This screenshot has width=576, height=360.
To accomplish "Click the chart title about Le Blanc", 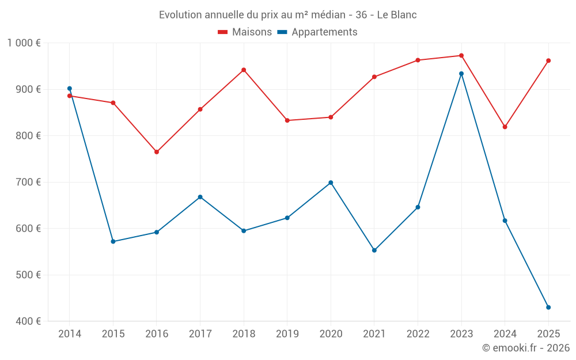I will tap(287, 14).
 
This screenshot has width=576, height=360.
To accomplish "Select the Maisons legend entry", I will tap(245, 32).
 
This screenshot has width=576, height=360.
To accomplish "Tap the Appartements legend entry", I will tap(317, 32).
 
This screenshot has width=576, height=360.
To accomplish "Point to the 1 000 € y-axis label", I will tap(24, 43).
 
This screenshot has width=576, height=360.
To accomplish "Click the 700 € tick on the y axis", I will tap(28, 182).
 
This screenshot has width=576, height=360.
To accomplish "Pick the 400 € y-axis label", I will tap(28, 321).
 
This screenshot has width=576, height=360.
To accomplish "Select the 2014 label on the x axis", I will tap(70, 334).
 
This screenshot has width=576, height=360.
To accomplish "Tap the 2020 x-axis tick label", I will tap(331, 334).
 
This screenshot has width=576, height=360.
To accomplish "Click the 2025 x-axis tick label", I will tap(548, 334).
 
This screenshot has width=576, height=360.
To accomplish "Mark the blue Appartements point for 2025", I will tap(548, 308).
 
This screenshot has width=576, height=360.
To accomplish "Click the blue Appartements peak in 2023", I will tap(461, 74).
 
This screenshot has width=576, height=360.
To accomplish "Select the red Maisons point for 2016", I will tap(157, 152).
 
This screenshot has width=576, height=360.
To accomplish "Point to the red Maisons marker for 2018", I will tap(244, 70).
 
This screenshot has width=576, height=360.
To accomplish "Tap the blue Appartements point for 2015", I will tap(113, 241).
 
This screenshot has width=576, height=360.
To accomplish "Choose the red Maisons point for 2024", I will tap(505, 127).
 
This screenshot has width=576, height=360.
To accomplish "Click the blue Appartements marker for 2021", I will tap(374, 251).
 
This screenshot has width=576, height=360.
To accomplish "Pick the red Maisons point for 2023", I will tap(461, 56).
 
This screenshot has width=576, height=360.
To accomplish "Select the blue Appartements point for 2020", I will tap(331, 183).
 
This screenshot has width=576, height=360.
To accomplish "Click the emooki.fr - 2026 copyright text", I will tap(526, 348).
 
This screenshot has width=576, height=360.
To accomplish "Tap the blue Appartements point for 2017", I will tap(200, 197).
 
